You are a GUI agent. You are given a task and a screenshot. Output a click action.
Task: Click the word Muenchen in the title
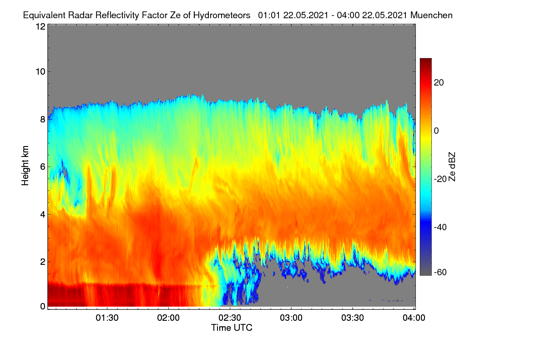click(431, 15)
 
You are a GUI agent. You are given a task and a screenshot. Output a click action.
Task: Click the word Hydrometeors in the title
click(222, 15)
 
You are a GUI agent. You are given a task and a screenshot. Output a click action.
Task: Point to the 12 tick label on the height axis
click(40, 26)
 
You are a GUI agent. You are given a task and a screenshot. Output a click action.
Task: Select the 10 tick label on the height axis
click(40, 71)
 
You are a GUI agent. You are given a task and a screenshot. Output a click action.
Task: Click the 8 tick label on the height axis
click(43, 119)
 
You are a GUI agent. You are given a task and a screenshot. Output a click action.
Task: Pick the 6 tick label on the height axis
click(43, 167)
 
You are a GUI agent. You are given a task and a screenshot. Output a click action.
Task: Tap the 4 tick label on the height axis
click(43, 214)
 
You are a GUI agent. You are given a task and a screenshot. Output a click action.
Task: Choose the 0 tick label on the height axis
click(43, 306)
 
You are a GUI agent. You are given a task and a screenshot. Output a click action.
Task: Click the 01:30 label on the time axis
click(107, 318)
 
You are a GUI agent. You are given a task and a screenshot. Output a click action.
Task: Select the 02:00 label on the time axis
click(168, 318)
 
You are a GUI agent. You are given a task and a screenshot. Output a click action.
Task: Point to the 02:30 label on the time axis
click(230, 318)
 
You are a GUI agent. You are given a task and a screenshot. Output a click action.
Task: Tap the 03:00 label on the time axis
click(291, 318)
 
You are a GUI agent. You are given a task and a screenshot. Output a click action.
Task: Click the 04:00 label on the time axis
click(414, 318)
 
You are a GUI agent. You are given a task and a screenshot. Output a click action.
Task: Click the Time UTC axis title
click(232, 328)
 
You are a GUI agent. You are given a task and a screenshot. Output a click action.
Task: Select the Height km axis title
click(25, 166)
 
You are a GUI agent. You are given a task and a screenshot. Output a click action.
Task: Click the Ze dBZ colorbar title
click(452, 167)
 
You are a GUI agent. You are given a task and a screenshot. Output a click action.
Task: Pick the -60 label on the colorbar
click(440, 273)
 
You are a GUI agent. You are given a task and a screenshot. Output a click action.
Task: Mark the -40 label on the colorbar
click(440, 227)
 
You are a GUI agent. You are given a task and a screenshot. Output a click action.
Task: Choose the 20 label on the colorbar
click(439, 83)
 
